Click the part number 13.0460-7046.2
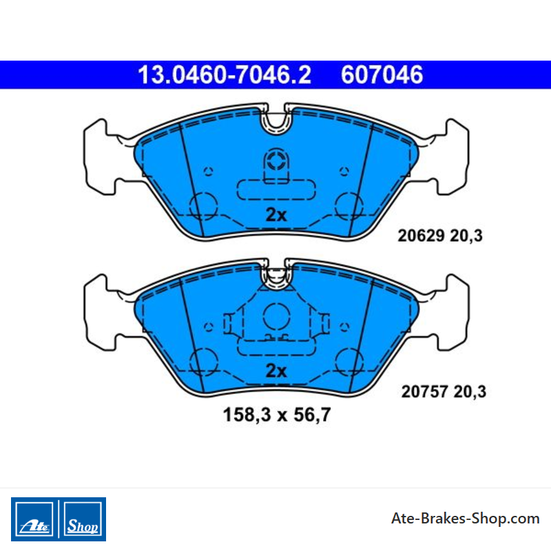[225, 75]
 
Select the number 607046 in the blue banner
[382, 75]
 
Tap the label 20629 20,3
[440, 236]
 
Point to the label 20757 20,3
[444, 391]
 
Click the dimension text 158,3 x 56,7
[277, 415]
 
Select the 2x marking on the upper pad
[276, 214]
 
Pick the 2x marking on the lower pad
[276, 371]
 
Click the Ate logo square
[34, 519]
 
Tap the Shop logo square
[83, 519]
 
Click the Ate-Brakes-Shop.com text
[466, 519]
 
